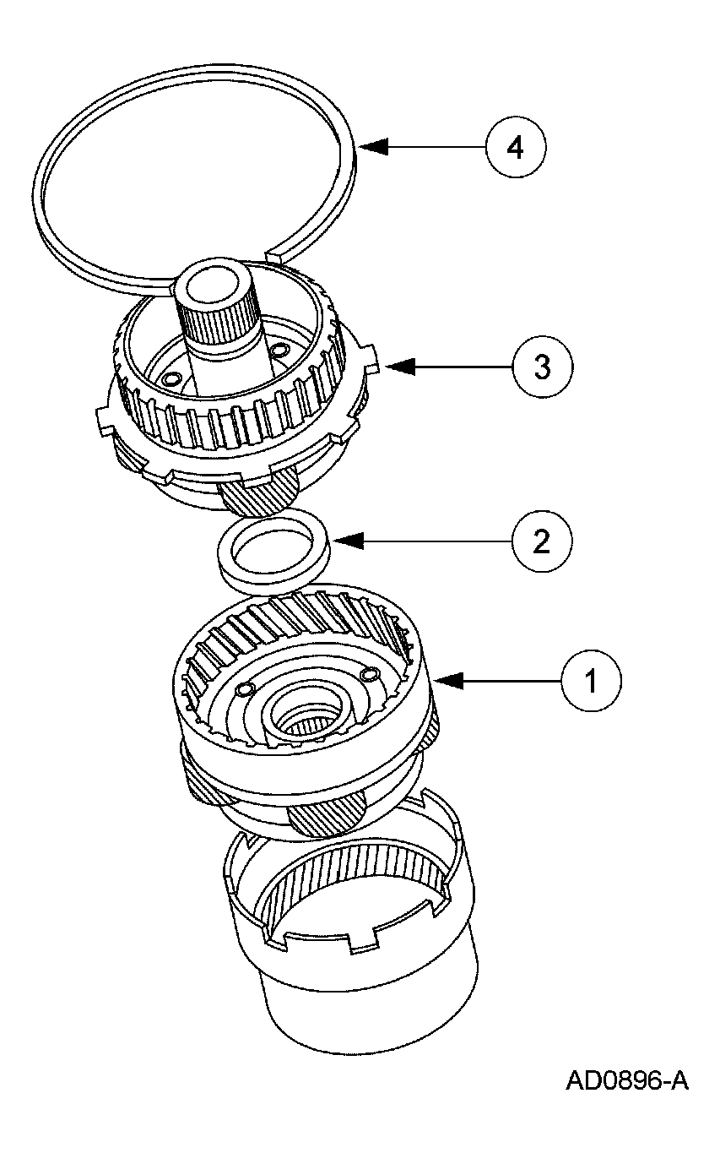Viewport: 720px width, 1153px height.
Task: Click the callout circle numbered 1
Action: (590, 678)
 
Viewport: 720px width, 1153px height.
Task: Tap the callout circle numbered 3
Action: (543, 367)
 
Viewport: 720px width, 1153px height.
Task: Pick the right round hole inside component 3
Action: (279, 349)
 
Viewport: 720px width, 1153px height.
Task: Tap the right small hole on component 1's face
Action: (368, 672)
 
